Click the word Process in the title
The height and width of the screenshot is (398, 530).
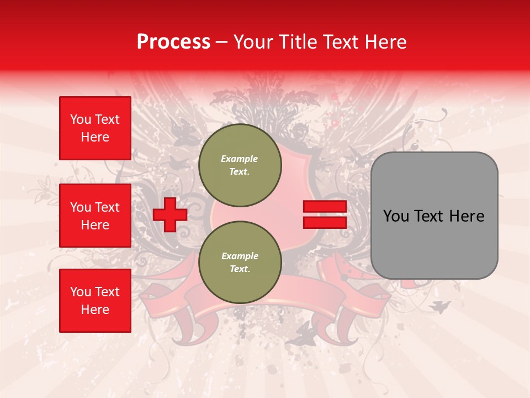point(173,42)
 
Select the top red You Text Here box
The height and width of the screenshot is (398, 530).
point(95,128)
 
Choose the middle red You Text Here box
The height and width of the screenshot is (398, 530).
point(95,216)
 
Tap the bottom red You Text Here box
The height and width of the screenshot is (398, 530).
point(95,301)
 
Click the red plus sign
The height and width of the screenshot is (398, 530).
point(169,214)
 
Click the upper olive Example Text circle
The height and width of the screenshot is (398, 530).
point(240,165)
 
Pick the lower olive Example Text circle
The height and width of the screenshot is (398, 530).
point(240,263)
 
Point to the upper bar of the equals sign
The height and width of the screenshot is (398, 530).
point(325,207)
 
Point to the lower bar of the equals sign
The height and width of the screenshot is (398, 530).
point(325,222)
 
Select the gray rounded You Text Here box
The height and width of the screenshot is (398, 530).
point(434,216)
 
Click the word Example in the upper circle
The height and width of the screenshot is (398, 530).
point(240,159)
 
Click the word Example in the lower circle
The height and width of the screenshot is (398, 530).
point(240,256)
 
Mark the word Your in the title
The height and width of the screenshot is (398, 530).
point(252,42)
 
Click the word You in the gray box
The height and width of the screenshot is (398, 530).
point(396,216)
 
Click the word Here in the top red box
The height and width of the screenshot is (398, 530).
point(95,137)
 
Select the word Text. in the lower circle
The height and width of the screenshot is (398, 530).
point(240,269)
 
